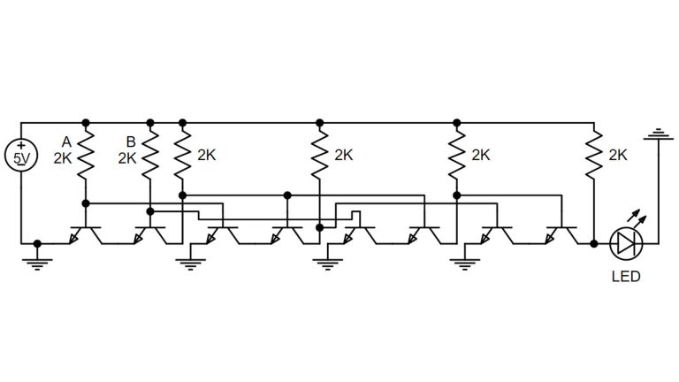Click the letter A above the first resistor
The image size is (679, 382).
65,141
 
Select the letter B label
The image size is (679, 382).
131,141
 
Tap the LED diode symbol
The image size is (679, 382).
626,241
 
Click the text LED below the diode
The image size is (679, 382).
626,277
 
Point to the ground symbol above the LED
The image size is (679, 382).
657,134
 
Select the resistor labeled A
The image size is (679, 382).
86,155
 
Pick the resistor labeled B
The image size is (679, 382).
150,155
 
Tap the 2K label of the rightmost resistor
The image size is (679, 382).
618,155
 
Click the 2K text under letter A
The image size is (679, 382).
63,159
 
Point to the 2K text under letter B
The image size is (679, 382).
128,159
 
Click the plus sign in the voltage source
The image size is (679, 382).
21,145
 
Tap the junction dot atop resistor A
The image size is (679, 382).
86,121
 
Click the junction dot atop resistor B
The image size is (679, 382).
150,121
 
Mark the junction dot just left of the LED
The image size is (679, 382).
594,241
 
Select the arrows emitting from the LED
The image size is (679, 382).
634,218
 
